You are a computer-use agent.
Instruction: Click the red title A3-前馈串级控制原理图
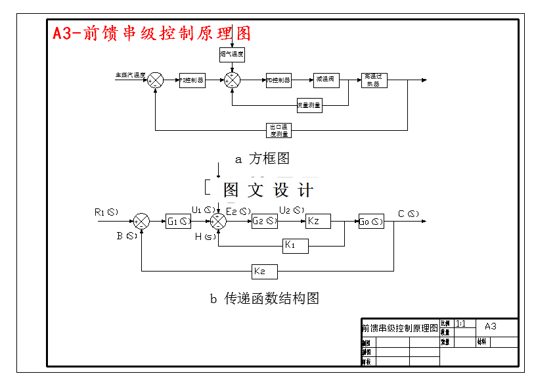click(152, 33)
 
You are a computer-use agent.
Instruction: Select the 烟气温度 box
click(231, 55)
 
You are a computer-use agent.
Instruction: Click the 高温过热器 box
click(373, 80)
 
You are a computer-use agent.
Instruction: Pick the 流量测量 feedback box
click(309, 105)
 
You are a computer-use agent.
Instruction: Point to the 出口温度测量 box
click(279, 130)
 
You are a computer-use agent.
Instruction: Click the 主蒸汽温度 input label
click(130, 75)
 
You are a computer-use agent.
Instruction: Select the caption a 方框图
click(262, 158)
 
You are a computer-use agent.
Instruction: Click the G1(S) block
click(178, 222)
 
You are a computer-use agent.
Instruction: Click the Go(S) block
click(371, 222)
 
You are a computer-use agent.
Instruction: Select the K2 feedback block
click(265, 271)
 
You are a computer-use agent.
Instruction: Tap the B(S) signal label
click(127, 235)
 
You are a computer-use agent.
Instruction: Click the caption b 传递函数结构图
click(264, 298)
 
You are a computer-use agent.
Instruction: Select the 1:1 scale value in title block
click(460, 323)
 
